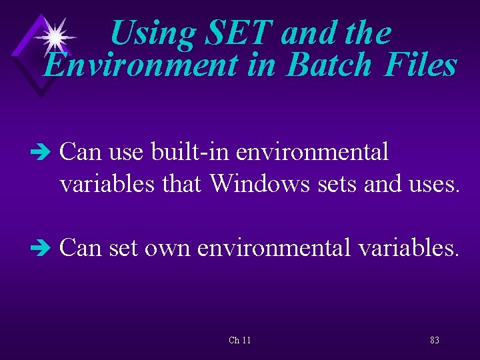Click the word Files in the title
[419, 66]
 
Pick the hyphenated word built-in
[193, 152]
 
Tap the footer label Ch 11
[239, 340]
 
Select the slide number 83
[434, 340]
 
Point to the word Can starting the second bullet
[80, 248]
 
